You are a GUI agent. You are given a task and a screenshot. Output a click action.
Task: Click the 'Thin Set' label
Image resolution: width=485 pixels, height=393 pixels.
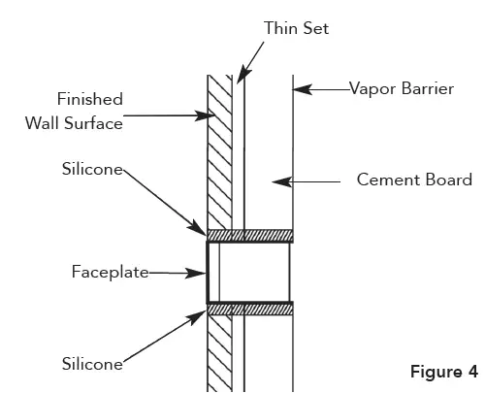click(297, 28)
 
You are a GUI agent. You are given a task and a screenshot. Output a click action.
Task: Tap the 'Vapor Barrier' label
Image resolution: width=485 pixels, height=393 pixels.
click(403, 88)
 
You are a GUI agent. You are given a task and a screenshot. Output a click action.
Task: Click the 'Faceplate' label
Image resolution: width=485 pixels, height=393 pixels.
click(110, 273)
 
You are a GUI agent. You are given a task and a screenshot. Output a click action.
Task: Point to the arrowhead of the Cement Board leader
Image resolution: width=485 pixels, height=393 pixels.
click(278, 180)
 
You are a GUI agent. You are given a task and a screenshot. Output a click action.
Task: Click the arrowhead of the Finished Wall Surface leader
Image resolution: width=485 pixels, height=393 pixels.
click(211, 115)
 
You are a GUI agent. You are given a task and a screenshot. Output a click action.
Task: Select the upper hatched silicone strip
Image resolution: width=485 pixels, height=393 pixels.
click(249, 235)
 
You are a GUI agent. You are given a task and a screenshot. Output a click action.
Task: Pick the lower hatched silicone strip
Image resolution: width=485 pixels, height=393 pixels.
click(249, 308)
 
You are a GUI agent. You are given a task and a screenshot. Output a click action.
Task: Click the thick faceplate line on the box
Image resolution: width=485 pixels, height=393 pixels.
click(208, 272)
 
